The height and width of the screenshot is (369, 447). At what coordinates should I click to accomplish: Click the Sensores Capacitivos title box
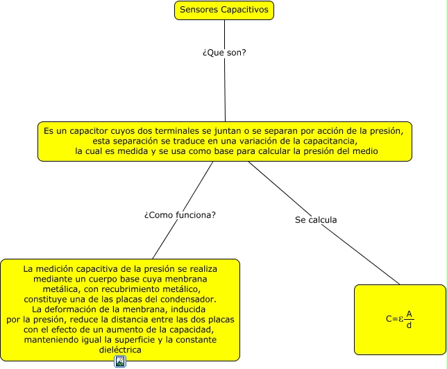[x=223, y=10]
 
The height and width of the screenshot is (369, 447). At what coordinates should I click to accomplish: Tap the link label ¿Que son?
[x=225, y=53]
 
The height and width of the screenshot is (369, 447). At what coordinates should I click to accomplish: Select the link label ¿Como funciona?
[x=180, y=215]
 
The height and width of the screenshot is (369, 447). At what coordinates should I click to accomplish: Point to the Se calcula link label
[x=316, y=220]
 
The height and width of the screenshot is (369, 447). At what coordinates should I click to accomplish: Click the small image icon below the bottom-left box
[x=120, y=361]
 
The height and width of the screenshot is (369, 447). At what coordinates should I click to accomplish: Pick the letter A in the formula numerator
[x=409, y=314]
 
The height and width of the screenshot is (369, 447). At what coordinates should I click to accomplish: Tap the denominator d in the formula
[x=409, y=325]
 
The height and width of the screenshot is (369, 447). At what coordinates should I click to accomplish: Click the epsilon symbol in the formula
[x=401, y=319]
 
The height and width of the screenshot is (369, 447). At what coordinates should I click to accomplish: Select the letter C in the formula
[x=389, y=319]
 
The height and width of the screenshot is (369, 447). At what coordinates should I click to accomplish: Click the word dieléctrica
[x=121, y=350]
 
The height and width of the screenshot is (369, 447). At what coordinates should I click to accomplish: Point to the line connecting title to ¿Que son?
[x=224, y=31]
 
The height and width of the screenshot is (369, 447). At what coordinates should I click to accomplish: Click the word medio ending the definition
[x=364, y=151]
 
